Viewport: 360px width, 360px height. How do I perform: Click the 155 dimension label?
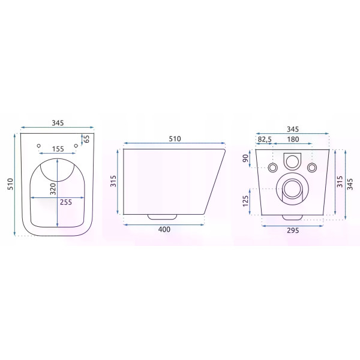(x=58, y=149)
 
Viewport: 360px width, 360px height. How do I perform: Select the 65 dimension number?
(x=86, y=139)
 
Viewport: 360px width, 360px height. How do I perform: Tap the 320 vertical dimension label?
(x=53, y=189)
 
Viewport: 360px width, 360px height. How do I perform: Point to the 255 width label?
(x=66, y=202)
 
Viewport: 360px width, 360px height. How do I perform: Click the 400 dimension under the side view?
(x=164, y=229)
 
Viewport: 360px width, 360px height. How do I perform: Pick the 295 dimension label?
(x=293, y=230)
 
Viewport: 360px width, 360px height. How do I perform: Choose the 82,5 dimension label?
(x=265, y=139)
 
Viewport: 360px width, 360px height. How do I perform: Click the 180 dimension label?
(x=293, y=139)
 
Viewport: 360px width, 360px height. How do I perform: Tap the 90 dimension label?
(x=245, y=158)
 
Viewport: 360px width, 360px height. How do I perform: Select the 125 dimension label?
(x=245, y=201)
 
